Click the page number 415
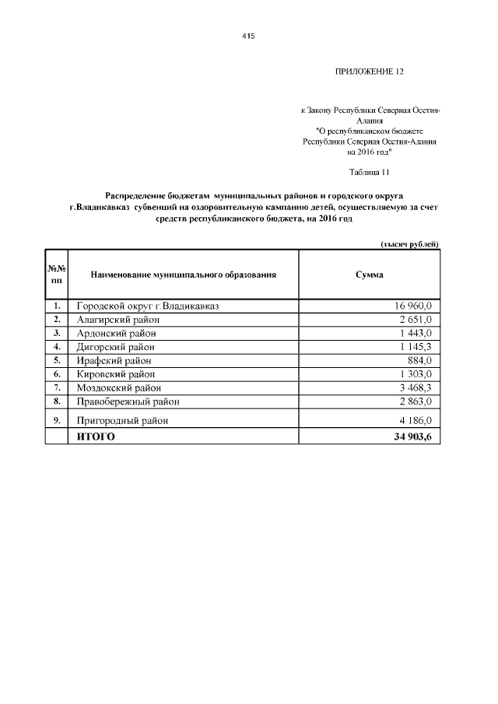tap(249, 37)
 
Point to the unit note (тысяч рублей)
tap(410, 244)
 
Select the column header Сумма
tap(369, 275)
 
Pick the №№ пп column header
tap(57, 275)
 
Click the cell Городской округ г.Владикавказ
tap(147, 306)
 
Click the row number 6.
tap(57, 374)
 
